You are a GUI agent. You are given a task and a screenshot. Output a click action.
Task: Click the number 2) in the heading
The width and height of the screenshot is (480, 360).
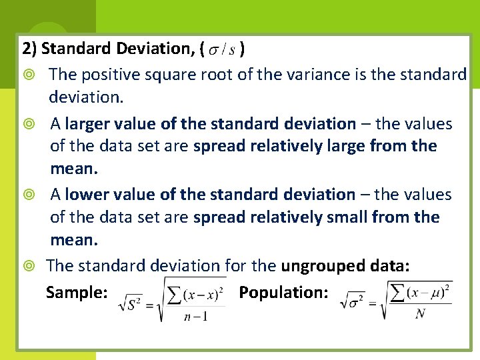(30, 49)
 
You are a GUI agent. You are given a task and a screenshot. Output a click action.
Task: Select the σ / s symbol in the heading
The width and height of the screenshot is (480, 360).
(222, 49)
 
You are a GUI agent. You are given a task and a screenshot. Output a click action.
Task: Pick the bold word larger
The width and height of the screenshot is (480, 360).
(89, 124)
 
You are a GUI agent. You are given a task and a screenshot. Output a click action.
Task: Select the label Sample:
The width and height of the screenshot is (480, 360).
(77, 292)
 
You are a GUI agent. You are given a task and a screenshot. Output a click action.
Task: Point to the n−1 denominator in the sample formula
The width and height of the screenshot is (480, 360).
(196, 316)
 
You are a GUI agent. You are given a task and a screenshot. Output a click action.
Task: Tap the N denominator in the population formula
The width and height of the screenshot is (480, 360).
(420, 313)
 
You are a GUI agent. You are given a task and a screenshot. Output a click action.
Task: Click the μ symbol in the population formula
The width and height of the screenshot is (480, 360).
(433, 291)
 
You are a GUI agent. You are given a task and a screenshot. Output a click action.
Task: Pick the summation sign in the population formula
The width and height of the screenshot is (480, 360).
(399, 292)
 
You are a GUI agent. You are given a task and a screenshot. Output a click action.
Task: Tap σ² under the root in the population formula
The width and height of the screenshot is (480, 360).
(355, 301)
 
